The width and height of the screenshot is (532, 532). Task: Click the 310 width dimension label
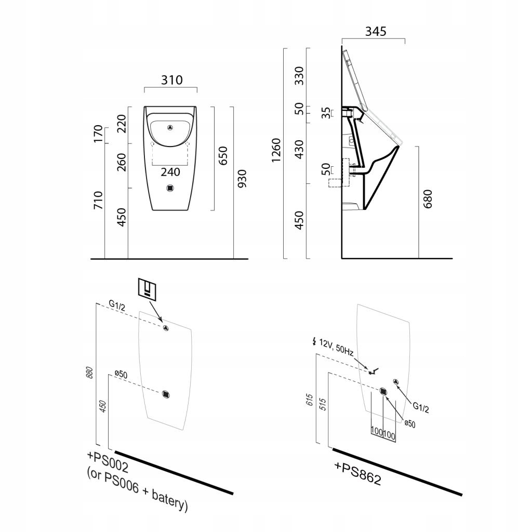coord(171,80)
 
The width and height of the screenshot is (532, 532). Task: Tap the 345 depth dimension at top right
coord(375,31)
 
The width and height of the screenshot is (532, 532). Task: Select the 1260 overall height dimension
coord(276,150)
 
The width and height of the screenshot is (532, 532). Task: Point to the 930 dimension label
coord(242,179)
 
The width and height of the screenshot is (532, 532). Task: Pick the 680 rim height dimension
coord(428,199)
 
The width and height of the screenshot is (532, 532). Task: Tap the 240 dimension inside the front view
coord(170,172)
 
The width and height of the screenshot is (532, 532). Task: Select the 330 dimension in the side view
coord(299,76)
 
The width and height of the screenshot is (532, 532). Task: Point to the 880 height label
coord(89,373)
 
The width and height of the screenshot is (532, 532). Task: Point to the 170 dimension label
coord(98,135)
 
